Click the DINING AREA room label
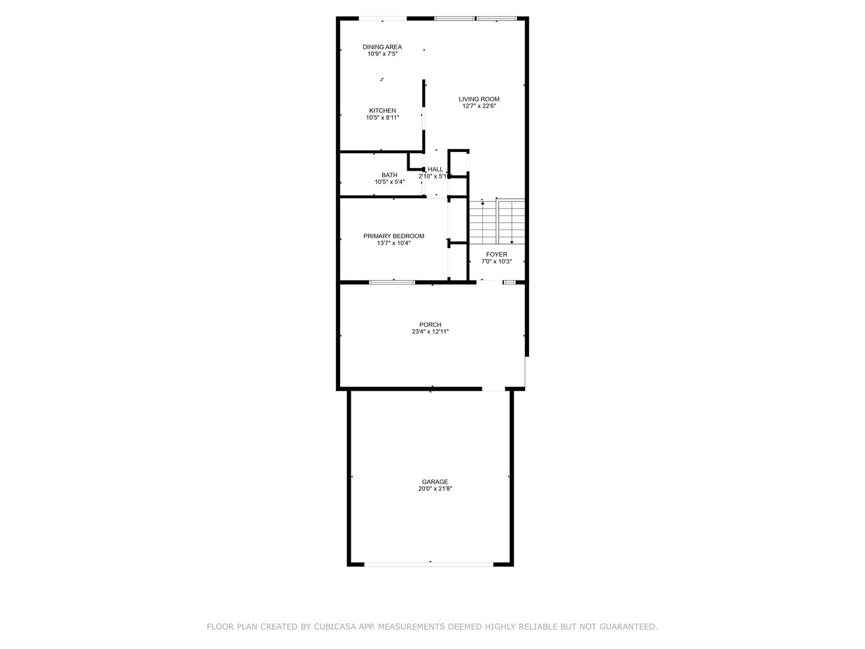coord(382,47)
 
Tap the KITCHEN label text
coord(382,111)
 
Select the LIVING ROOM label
coord(479,99)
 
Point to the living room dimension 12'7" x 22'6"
coord(479,106)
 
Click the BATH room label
coord(389,175)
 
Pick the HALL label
coord(435,169)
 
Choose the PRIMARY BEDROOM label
coord(393,236)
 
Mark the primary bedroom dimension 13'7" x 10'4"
coord(393,243)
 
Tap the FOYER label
coord(497,255)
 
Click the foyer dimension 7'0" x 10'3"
coord(497,261)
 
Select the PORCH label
coord(430,324)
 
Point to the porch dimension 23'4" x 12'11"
coord(430,332)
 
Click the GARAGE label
coord(435,481)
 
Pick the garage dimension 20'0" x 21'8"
coord(435,489)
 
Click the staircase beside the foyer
coord(497,222)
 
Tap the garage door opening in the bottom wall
coord(428,565)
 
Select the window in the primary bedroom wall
coord(392,282)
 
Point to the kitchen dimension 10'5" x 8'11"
coord(382,117)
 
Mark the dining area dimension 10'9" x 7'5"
coord(382,53)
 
